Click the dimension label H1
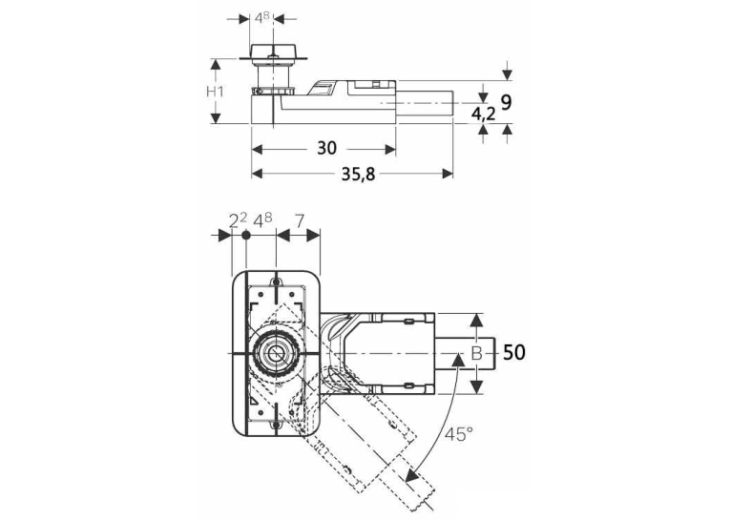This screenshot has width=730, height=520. pos(215,92)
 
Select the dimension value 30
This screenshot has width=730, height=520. pos(326,148)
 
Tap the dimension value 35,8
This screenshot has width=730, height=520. pos(358,174)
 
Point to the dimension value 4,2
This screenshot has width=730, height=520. pos(483,114)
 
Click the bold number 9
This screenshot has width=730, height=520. pos(507,102)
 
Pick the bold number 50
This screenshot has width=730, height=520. pos(514,352)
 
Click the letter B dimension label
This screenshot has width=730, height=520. pos(476,353)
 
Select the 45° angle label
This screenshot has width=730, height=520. pos(458,434)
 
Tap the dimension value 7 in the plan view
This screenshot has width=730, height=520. pos(300,220)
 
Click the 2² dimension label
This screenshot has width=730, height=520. pos(238,220)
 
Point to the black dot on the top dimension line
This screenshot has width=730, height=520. pos(246,236)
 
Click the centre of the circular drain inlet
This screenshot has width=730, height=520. pos(276,354)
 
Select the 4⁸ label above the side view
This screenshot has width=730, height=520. pos(262,18)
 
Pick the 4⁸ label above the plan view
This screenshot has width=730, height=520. pos(262,220)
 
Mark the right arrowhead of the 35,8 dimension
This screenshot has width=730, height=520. pos(448,174)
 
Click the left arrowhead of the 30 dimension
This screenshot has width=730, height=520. pos(257,150)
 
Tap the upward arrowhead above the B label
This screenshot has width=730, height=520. pos(476,320)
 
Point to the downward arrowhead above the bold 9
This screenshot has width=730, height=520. pos(507,74)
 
